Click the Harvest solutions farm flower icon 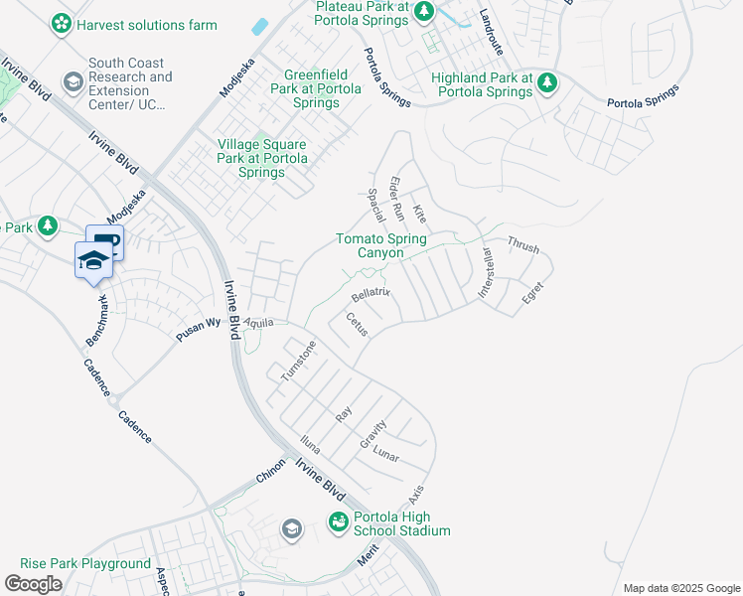(62, 22)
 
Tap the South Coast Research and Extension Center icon (73, 80)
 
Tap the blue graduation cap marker (92, 260)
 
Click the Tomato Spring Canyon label (381, 245)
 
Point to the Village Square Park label (263, 158)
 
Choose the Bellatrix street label (373, 295)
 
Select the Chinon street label (270, 470)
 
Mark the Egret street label (533, 291)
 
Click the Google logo (33, 583)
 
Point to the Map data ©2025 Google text (680, 588)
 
